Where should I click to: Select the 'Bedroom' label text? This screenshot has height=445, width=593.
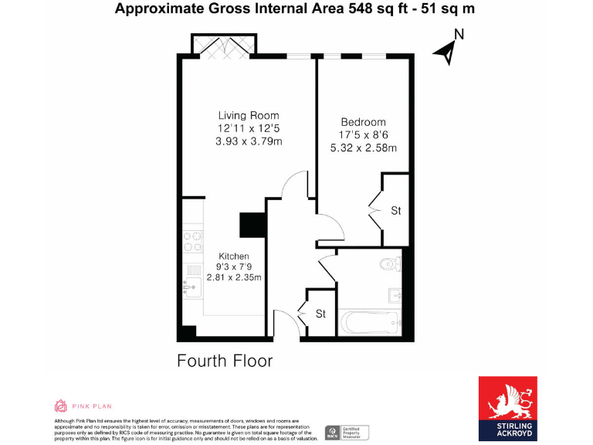click(x=363, y=122)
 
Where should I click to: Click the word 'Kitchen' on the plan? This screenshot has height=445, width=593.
click(x=234, y=256)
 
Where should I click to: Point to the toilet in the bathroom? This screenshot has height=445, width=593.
click(x=391, y=264)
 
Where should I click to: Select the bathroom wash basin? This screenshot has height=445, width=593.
click(x=395, y=294)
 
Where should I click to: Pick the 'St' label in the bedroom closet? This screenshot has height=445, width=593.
click(x=395, y=211)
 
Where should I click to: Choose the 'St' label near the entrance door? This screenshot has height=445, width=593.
click(x=321, y=314)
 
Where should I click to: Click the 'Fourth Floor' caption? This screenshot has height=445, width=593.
click(x=225, y=361)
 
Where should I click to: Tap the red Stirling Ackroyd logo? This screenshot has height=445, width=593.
click(x=507, y=408)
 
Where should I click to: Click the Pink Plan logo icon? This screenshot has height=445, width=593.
click(x=60, y=406)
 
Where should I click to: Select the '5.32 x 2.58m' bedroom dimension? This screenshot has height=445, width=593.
click(x=363, y=148)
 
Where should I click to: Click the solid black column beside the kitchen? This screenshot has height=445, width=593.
click(x=252, y=225)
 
